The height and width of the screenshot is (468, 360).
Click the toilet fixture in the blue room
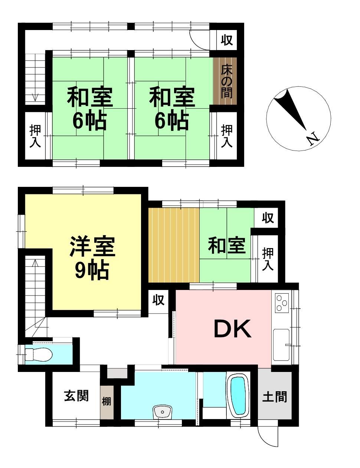[39, 354]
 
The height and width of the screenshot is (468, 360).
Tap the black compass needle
[291, 110]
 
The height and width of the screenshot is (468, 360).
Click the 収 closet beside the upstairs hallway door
[227, 40]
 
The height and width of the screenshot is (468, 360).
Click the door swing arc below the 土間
[265, 439]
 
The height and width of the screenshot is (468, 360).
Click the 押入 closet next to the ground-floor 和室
[268, 259]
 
